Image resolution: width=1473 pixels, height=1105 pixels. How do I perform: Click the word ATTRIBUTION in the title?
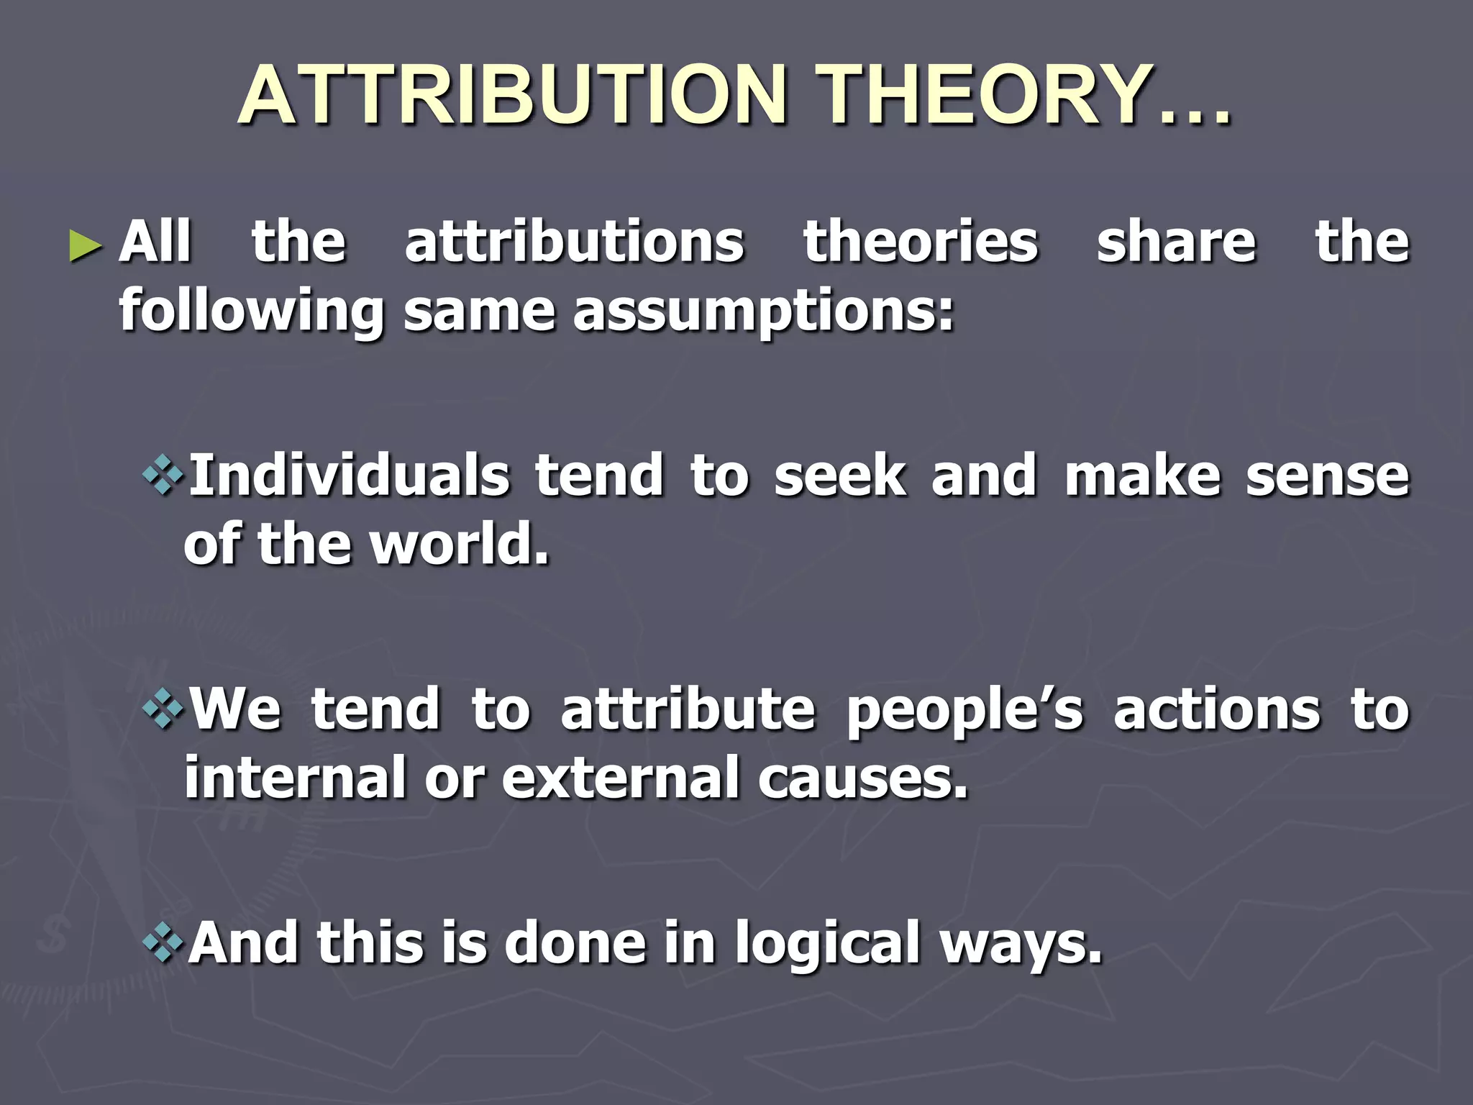[x=512, y=96]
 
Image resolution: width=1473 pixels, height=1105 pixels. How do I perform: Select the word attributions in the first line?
[x=574, y=242]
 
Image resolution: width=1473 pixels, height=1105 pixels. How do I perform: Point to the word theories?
[x=921, y=242]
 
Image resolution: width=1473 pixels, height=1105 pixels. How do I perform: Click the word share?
[x=1176, y=242]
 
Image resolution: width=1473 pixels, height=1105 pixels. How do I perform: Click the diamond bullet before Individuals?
[x=164, y=476]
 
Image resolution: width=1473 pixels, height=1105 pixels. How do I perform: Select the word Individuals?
[x=349, y=476]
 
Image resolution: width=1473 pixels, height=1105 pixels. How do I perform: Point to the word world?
[x=459, y=545]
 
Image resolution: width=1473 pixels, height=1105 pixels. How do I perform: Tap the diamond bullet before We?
[x=164, y=709]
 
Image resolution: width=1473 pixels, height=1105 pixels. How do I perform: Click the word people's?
[x=964, y=711]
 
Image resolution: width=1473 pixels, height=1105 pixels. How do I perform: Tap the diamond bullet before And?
[x=164, y=943]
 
